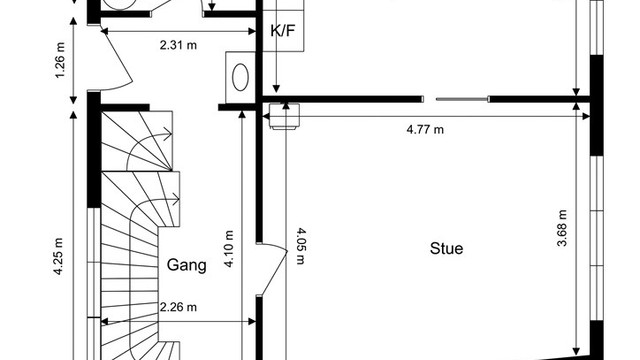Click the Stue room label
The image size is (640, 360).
pos(447,248)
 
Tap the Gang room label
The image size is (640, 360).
pos(187,265)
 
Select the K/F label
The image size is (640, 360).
pos(282,30)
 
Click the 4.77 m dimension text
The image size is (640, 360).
pos(425,129)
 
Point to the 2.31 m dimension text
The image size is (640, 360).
pos(178,45)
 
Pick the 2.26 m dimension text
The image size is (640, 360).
pos(178,307)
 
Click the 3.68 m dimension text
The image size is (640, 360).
pos(562,228)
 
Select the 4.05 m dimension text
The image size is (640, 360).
pos(301,246)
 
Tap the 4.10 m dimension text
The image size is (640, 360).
pos(229,249)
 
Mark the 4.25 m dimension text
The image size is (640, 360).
pos(58,256)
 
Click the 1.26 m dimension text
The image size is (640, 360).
pos(60,60)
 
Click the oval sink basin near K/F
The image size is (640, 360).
pos(240,77)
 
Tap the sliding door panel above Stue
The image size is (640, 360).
pos(462,99)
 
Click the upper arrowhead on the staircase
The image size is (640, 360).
pos(168,133)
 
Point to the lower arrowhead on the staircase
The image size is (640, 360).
pos(175,200)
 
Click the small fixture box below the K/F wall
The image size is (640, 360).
pos(284,117)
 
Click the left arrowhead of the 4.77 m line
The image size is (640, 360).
pos(265,117)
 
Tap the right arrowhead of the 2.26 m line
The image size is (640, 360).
pos(252,322)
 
